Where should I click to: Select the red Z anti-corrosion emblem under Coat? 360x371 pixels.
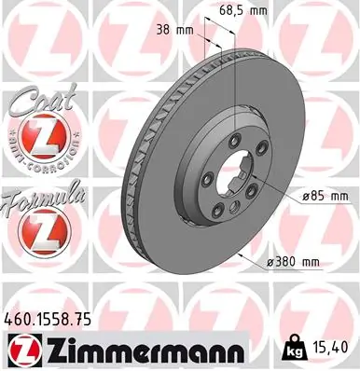(x=41, y=140)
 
